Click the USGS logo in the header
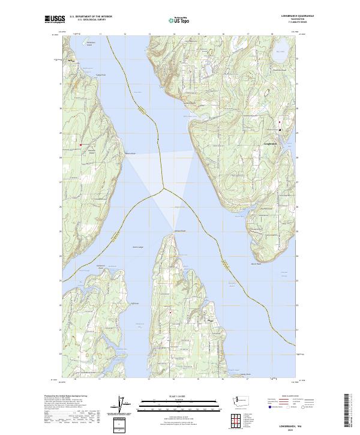coord(55,19)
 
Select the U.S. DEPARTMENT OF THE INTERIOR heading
coord(91,16)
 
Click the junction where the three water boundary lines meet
coord(163,190)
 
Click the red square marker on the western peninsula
coord(80,144)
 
